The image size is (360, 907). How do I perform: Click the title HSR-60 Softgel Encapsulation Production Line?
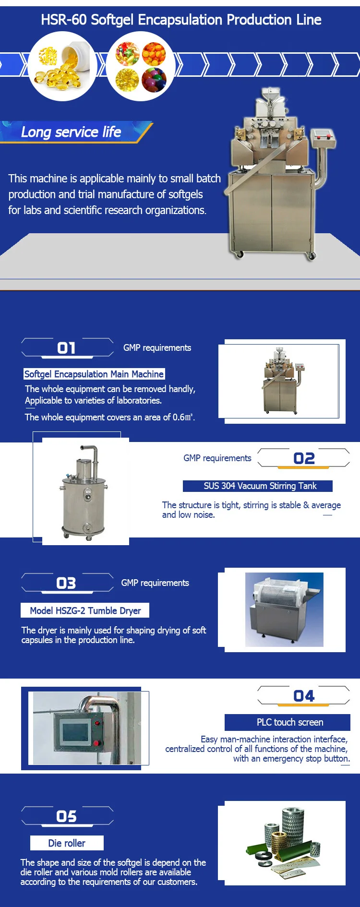[x=181, y=20]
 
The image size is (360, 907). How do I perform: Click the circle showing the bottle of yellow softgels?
[x=62, y=66]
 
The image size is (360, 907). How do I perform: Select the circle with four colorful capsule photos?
[x=141, y=66]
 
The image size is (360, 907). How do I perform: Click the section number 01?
[x=67, y=348]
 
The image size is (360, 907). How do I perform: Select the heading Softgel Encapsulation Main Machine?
[x=94, y=374]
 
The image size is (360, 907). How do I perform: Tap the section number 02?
[x=304, y=458]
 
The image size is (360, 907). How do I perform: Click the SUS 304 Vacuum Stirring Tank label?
[x=258, y=486]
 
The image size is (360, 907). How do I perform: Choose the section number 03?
[x=66, y=583]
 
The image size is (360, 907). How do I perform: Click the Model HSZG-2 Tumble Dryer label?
[x=85, y=610]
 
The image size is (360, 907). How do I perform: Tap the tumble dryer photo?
[x=284, y=610]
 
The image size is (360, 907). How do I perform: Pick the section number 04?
[x=304, y=696]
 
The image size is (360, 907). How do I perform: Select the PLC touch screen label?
[x=288, y=722]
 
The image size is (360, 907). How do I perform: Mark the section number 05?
[x=67, y=816]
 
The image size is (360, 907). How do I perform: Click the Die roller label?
[x=67, y=843]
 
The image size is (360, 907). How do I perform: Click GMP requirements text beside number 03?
[x=155, y=583]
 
